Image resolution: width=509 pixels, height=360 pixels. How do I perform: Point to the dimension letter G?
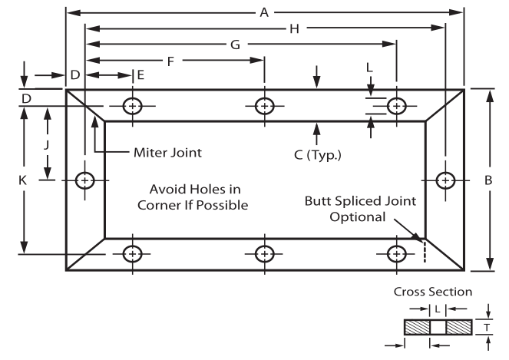(233, 45)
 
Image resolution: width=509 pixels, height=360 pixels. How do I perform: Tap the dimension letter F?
(170, 60)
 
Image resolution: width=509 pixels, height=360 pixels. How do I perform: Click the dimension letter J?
(47, 144)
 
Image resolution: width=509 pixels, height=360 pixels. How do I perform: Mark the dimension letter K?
(23, 180)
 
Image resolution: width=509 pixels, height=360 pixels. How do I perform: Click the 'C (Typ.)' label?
(317, 154)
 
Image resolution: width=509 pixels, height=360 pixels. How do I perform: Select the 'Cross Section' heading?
(431, 292)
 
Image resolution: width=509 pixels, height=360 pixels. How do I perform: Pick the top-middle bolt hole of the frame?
(265, 106)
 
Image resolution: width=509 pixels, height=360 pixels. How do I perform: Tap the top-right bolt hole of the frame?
(396, 106)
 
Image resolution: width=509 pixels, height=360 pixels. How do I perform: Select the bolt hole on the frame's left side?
(84, 180)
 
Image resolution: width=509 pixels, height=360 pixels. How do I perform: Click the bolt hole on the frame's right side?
(445, 180)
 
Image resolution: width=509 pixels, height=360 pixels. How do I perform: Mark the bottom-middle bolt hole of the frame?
(265, 253)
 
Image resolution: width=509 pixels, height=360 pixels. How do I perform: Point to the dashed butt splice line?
(421, 249)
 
